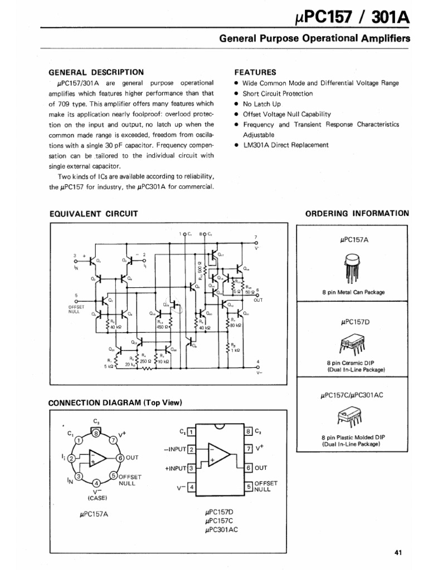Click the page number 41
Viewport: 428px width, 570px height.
tap(398, 553)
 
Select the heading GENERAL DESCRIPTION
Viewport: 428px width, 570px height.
tap(96, 72)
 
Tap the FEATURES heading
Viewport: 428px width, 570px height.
tap(255, 72)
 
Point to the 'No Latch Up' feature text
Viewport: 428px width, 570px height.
tap(262, 104)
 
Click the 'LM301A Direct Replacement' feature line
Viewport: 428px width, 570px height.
tap(285, 145)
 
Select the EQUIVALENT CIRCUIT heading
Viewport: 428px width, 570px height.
tap(94, 214)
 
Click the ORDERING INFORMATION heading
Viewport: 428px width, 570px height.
tap(357, 213)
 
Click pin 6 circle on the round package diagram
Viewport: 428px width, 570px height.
tap(120, 458)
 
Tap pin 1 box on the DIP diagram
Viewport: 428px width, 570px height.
tap(191, 431)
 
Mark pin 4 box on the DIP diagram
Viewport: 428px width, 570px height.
tap(191, 488)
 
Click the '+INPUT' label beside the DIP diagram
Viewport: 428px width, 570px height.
tap(174, 468)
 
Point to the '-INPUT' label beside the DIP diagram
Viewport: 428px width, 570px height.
tap(175, 449)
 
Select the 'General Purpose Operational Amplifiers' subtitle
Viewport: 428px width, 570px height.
tap(314, 39)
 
